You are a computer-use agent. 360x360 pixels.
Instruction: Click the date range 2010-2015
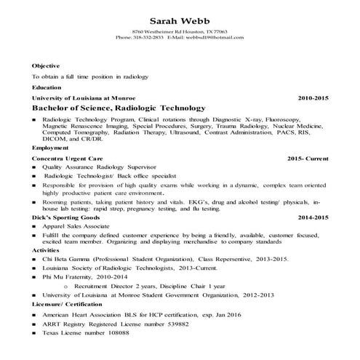tap(313, 97)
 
